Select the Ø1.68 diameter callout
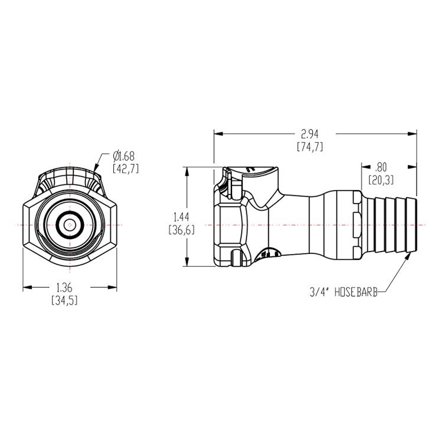coord(126,162)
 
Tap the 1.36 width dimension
coord(65,293)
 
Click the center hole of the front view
coord(70,225)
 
